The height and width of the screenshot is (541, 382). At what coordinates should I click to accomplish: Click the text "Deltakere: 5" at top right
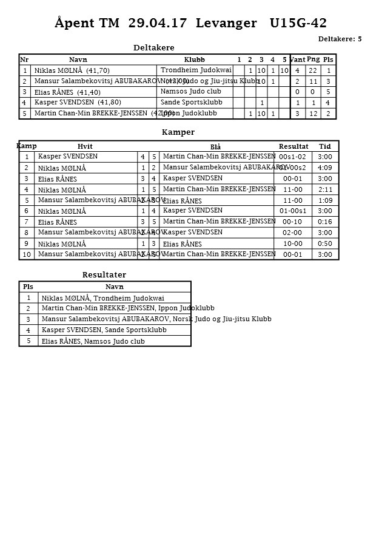[x=340, y=39]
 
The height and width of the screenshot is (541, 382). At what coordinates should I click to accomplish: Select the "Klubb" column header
[x=194, y=60]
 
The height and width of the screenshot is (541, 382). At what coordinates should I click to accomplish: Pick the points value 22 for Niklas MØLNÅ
[x=313, y=70]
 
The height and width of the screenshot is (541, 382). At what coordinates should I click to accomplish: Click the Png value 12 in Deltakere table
[x=313, y=114]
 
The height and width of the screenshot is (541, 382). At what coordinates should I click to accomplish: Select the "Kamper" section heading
[x=178, y=132]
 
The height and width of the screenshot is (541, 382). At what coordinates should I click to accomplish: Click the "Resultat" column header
[x=293, y=146]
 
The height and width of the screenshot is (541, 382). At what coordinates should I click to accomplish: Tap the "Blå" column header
[x=215, y=147]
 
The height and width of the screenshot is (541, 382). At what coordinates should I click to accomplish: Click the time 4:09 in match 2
[x=325, y=168]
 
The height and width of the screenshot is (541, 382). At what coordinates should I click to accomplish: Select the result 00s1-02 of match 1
[x=292, y=157]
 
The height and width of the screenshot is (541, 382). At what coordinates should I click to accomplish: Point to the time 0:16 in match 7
[x=325, y=222]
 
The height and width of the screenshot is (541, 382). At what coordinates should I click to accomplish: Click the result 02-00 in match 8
[x=292, y=233]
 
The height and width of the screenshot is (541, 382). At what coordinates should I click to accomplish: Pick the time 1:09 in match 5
[x=325, y=200]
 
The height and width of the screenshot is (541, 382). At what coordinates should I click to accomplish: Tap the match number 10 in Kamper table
[x=27, y=255]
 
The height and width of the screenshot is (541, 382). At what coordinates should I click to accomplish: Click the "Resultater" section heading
[x=104, y=275]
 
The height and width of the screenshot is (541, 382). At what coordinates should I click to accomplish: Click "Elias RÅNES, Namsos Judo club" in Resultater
[x=93, y=341]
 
